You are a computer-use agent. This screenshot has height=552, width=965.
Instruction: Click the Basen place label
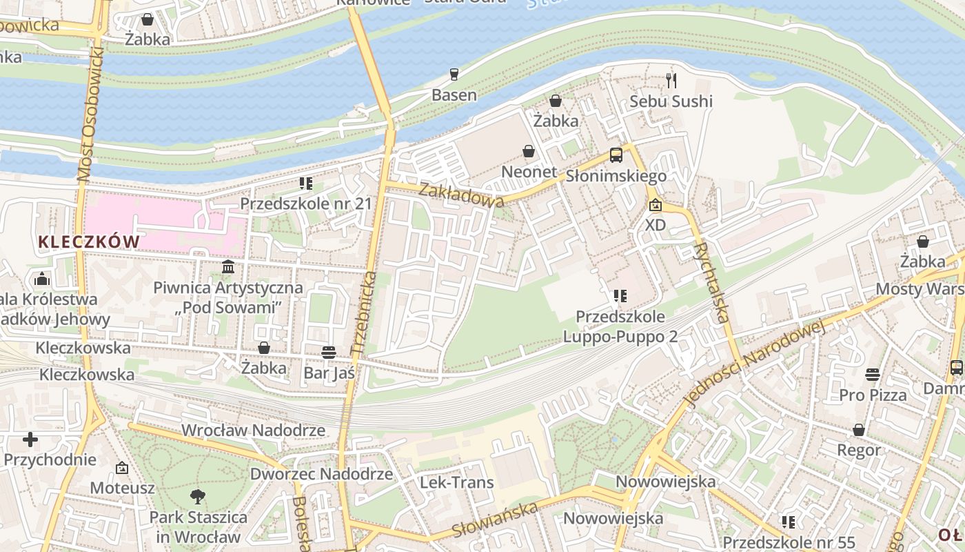click(x=454, y=95)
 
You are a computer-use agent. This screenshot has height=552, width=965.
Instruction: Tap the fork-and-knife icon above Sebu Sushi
click(x=671, y=81)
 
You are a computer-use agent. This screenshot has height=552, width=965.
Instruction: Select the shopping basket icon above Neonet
click(x=529, y=150)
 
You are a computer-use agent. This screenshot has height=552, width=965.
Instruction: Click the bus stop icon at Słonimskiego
click(x=616, y=155)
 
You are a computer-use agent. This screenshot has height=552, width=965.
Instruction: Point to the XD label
click(x=656, y=226)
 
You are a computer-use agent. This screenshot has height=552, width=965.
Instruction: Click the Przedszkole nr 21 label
click(x=305, y=204)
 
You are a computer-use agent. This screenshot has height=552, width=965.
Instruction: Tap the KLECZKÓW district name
click(x=89, y=241)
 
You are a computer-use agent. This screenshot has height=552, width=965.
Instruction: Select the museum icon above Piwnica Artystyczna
click(x=228, y=267)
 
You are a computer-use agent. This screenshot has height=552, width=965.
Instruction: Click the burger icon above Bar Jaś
click(x=329, y=353)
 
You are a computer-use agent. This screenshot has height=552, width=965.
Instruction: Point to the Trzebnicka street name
click(x=364, y=314)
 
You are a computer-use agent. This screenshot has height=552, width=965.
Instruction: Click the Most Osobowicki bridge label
click(x=89, y=117)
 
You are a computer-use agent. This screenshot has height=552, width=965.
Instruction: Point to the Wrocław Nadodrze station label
click(x=253, y=431)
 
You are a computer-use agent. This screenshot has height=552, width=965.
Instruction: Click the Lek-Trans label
click(x=457, y=482)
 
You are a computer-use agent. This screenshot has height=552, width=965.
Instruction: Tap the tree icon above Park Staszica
click(x=198, y=496)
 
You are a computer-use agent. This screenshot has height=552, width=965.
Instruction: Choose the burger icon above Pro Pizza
click(x=873, y=375)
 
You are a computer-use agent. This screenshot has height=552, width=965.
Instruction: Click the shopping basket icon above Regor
click(x=859, y=430)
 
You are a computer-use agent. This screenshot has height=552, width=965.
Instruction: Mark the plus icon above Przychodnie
click(x=30, y=439)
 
